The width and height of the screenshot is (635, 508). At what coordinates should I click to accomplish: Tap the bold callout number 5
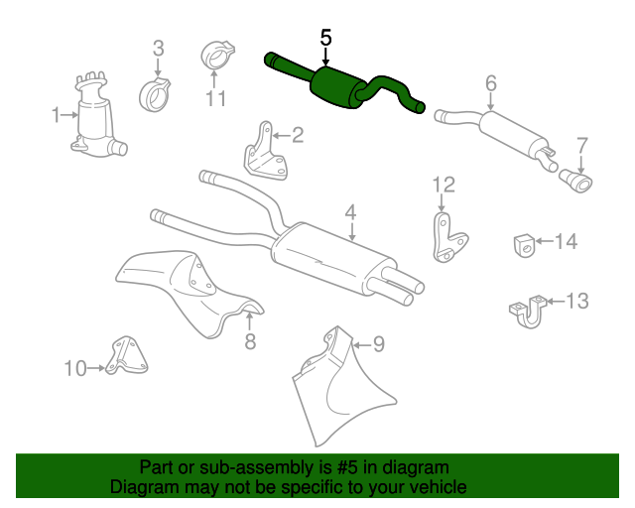click(325, 38)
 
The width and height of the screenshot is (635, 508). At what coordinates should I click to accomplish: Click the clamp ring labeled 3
click(155, 95)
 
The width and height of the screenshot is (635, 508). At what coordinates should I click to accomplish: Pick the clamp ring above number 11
click(218, 55)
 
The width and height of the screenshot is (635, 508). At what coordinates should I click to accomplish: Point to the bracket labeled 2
click(266, 152)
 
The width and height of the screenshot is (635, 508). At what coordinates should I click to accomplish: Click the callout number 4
click(350, 212)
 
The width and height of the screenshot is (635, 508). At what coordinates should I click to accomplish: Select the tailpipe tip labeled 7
click(575, 182)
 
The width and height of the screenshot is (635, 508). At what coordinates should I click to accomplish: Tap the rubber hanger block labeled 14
click(525, 245)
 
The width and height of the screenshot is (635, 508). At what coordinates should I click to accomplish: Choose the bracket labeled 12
click(448, 239)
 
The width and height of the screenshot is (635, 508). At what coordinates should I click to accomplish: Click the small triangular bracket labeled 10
click(126, 356)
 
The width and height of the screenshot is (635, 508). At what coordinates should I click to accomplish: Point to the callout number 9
click(379, 344)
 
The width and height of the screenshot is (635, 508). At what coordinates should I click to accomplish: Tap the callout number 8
click(250, 341)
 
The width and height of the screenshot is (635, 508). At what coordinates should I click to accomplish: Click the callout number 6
click(491, 83)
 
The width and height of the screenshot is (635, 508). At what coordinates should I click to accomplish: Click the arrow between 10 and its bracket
click(96, 368)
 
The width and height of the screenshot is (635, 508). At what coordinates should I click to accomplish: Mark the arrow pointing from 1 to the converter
click(69, 115)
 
